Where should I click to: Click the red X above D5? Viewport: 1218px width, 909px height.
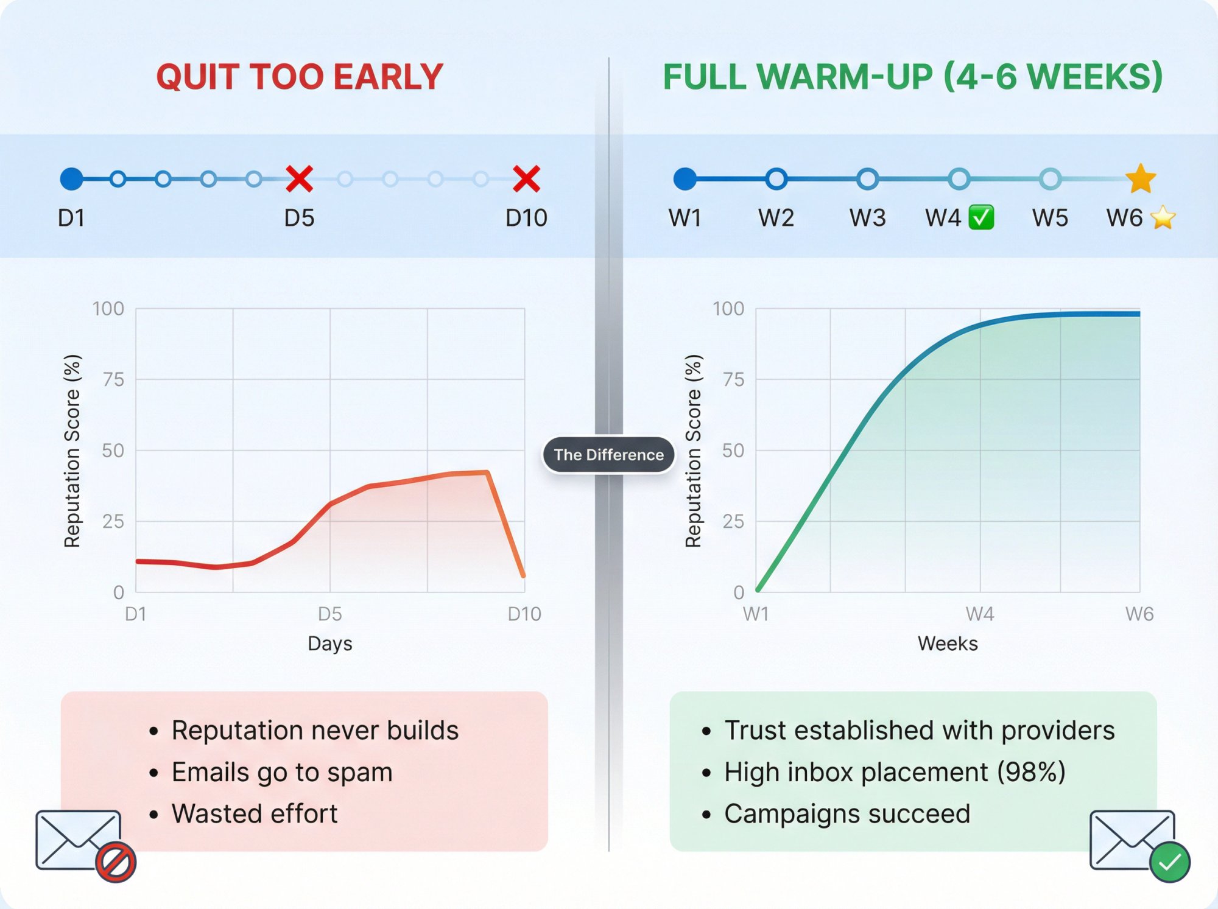pos(299,179)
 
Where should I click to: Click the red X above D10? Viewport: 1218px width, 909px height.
pos(526,179)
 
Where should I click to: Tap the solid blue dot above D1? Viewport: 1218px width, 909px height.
pos(71,179)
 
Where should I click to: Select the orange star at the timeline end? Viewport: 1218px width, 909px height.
pos(1140,179)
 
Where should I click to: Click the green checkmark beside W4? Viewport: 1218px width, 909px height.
pos(981,217)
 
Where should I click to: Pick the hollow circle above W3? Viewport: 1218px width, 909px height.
pos(867,179)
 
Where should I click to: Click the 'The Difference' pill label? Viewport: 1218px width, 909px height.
pos(608,455)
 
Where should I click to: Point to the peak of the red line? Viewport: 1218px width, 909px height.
pos(487,472)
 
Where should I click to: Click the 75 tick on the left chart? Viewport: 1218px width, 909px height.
pos(113,380)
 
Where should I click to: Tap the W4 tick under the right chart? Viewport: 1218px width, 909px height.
pos(979,614)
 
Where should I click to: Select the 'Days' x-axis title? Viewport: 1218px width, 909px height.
pos(329,644)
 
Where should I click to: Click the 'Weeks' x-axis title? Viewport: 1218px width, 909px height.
pos(947,644)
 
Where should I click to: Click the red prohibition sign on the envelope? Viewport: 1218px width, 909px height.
pos(116,862)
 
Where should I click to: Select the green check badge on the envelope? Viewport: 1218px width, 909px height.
pos(1169,862)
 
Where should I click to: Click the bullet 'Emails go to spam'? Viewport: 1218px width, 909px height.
pos(282,772)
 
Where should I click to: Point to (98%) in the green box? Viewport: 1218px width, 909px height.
pos(1031,772)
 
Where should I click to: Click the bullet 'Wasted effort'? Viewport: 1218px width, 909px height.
pos(255,813)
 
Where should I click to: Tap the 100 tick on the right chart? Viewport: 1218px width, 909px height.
pos(728,309)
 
